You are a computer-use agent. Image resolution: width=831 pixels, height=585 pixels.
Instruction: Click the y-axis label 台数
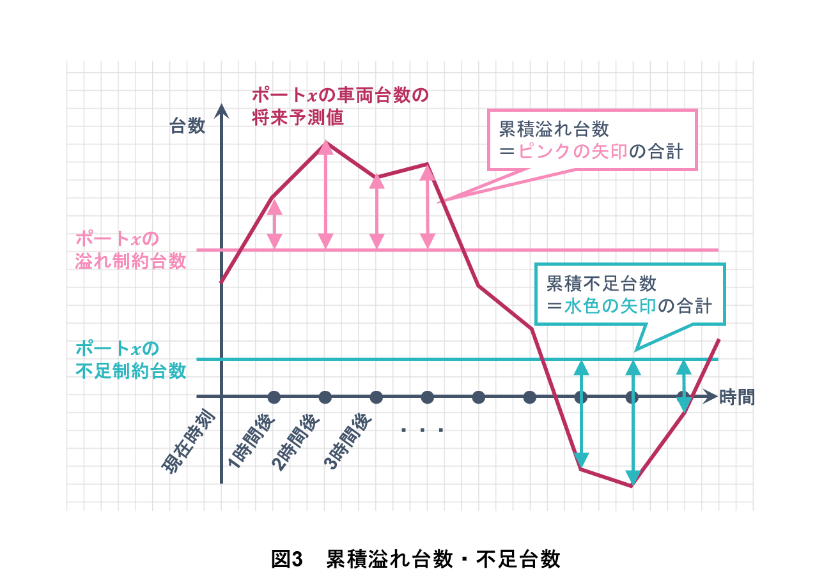point(187,126)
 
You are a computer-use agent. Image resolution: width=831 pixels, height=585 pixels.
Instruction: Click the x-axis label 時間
point(737,397)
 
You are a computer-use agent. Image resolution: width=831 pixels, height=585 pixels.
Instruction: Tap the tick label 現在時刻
point(189,441)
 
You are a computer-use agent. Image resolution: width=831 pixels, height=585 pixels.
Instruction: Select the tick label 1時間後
point(251,441)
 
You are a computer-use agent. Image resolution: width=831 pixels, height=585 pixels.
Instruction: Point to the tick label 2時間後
point(296,441)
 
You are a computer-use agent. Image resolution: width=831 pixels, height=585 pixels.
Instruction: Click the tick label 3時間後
point(348,441)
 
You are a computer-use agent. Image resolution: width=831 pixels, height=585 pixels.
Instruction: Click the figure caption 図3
point(287,559)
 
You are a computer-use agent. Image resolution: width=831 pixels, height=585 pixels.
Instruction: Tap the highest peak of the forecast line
point(326,142)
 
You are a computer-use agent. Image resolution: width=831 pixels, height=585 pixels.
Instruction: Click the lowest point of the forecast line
point(632,486)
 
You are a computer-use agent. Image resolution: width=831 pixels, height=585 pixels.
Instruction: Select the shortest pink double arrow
point(274,224)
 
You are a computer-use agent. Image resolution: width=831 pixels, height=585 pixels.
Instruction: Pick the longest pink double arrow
point(326,195)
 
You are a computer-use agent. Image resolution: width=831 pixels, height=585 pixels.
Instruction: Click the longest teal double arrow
point(633,423)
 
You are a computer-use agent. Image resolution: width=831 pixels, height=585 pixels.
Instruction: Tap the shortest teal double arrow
point(684,386)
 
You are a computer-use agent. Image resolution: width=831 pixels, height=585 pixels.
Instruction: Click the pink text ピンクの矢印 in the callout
point(572,151)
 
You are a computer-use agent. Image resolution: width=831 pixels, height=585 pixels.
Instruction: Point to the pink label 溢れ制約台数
point(130,261)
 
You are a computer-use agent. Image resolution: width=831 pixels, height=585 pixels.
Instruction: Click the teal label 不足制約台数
point(130,370)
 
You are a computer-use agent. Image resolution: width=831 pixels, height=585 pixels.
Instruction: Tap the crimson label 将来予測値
point(297,118)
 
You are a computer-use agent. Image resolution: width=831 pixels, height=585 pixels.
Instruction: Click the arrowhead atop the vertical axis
point(221,111)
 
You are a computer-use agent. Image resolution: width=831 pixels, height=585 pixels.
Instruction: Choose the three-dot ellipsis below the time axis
point(422,430)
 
